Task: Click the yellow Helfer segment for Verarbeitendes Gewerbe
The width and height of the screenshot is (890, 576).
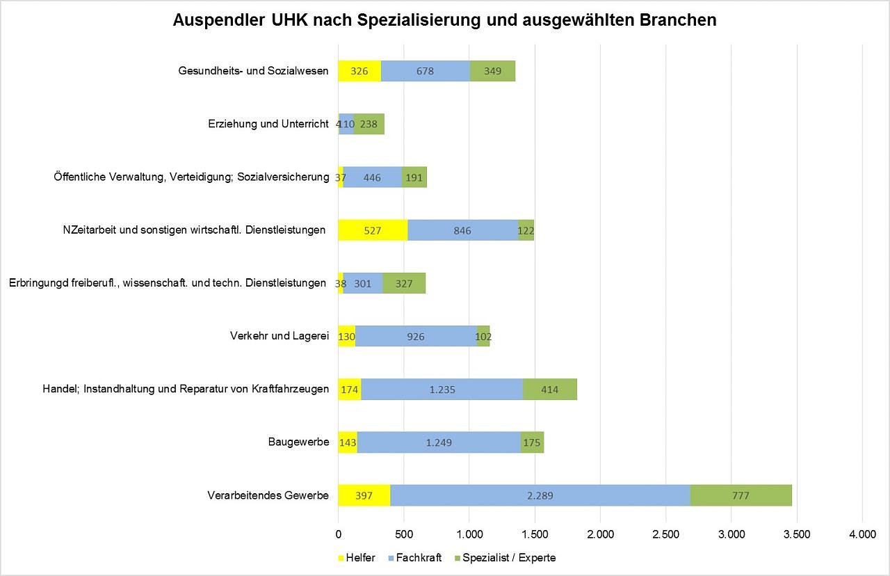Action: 364,495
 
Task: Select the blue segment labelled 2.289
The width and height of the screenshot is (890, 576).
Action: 540,495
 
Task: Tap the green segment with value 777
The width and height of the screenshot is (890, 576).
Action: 741,495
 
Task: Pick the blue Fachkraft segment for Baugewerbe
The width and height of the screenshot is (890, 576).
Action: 439,442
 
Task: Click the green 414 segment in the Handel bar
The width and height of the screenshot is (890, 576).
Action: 549,390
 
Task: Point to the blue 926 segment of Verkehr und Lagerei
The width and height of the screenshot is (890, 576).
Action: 416,337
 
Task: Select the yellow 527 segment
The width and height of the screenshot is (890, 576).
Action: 373,230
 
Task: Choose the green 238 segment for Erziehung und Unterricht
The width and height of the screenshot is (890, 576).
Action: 369,125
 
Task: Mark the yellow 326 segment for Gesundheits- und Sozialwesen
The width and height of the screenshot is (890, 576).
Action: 359,71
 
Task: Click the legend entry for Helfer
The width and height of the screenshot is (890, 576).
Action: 357,558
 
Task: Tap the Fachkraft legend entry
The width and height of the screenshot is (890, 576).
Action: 414,558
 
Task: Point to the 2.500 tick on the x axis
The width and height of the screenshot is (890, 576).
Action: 665,534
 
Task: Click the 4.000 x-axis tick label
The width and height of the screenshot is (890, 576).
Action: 862,534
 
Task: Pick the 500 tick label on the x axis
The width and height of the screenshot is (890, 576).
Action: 404,534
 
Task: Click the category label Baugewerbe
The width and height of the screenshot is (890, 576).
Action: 298,442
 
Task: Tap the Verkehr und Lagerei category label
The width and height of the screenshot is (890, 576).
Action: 279,337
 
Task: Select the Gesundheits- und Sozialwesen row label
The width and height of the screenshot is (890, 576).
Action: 253,71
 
